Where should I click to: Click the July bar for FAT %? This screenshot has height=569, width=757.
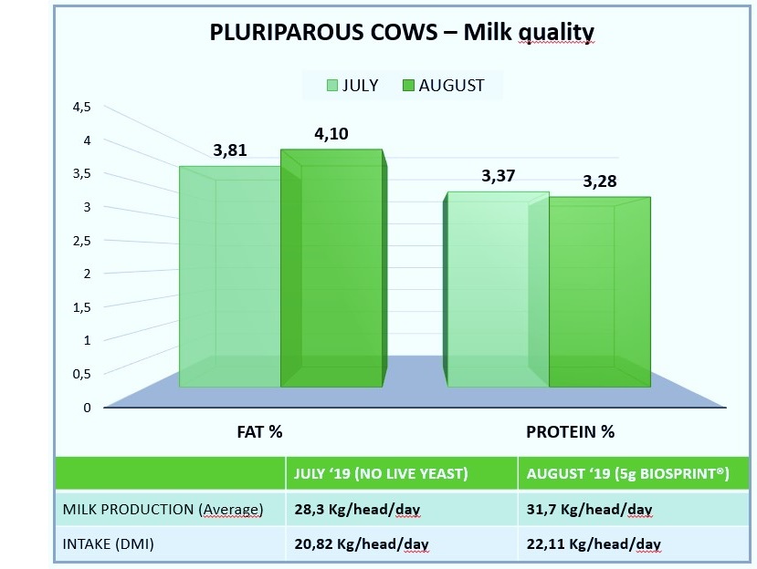coord(230,277)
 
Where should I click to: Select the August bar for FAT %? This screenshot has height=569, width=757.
coord(332,268)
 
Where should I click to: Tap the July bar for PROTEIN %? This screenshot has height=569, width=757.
coord(497,289)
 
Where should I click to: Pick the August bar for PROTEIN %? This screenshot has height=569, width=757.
coord(600,292)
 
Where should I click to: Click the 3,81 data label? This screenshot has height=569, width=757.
coord(230,150)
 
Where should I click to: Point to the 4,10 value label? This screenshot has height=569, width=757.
coord(331,133)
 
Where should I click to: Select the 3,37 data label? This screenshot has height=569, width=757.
coord(499,175)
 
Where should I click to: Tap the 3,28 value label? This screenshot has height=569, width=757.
coord(600,181)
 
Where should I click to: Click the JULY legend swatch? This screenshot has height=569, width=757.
coord(332,86)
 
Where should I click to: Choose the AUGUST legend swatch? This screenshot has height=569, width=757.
coord(408,86)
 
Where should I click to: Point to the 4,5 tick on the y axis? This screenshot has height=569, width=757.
coord(81,107)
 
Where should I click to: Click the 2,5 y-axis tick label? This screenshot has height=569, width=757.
coord(81,241)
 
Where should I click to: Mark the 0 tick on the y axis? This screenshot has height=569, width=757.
coord(87,408)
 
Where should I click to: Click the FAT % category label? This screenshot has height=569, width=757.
coord(259,431)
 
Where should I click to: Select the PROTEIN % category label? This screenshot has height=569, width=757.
coord(570,431)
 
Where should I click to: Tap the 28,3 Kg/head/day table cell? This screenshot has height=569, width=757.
coord(357,509)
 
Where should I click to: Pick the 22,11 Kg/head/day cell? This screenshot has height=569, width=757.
coord(594,544)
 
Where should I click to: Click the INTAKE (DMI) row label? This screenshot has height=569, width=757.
coord(108,544)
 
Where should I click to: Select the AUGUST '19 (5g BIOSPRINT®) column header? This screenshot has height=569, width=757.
coord(627,473)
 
